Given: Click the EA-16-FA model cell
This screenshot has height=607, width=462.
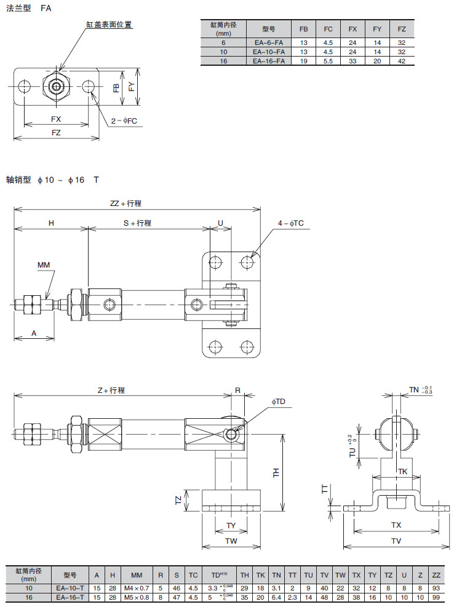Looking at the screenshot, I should (x=268, y=61).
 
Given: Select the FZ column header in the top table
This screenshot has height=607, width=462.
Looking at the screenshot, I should (x=402, y=30).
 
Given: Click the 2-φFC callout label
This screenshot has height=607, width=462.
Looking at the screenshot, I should (x=124, y=121).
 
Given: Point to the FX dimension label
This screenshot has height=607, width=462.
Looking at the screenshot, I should (x=55, y=119).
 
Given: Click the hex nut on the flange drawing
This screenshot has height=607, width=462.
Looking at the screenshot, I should (x=56, y=85).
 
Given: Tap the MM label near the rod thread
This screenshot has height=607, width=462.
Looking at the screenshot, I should (x=43, y=265).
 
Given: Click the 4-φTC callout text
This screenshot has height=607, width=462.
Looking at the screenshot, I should (x=290, y=223).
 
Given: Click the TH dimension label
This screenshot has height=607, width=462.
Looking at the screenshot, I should (x=276, y=472).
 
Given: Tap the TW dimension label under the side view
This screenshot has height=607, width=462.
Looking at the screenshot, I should (x=231, y=541).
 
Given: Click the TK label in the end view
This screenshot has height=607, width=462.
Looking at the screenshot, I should (x=402, y=471).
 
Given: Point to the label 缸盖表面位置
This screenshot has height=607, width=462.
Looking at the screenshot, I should (x=109, y=25).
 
